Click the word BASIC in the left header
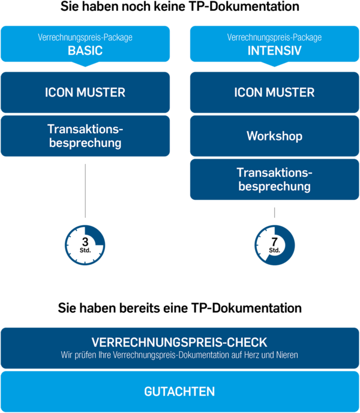click(x=85, y=50)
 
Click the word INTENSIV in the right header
click(x=274, y=50)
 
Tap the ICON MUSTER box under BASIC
click(x=85, y=92)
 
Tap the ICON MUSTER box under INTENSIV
click(x=274, y=92)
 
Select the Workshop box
click(x=274, y=136)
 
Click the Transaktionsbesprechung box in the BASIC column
click(x=85, y=136)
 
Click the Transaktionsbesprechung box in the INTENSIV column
click(x=274, y=179)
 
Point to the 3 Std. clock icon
click(x=85, y=245)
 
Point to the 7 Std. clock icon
click(x=274, y=245)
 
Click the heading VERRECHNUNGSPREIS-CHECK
click(x=179, y=342)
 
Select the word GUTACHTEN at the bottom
click(x=179, y=391)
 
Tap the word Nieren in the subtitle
click(x=286, y=355)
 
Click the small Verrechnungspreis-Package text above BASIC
click(x=85, y=37)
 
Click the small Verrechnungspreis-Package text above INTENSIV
click(x=274, y=37)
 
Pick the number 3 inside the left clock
click(x=85, y=241)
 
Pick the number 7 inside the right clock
click(x=274, y=241)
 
